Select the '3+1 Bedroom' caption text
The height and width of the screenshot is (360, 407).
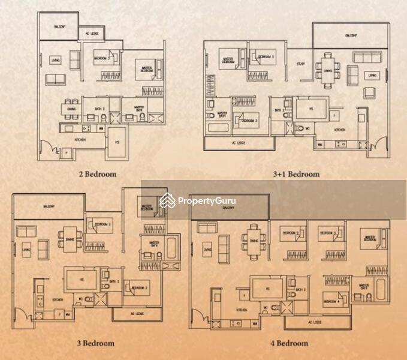click(296, 175)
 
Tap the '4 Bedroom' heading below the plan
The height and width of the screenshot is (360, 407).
click(288, 343)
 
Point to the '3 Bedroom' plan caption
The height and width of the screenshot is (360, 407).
click(96, 343)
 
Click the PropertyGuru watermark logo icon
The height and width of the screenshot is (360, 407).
click(167, 201)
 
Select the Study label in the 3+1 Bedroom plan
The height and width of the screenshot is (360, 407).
click(301, 64)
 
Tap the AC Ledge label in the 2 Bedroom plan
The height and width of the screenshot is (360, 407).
click(91, 34)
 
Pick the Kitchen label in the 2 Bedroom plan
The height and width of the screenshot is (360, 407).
click(80, 140)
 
